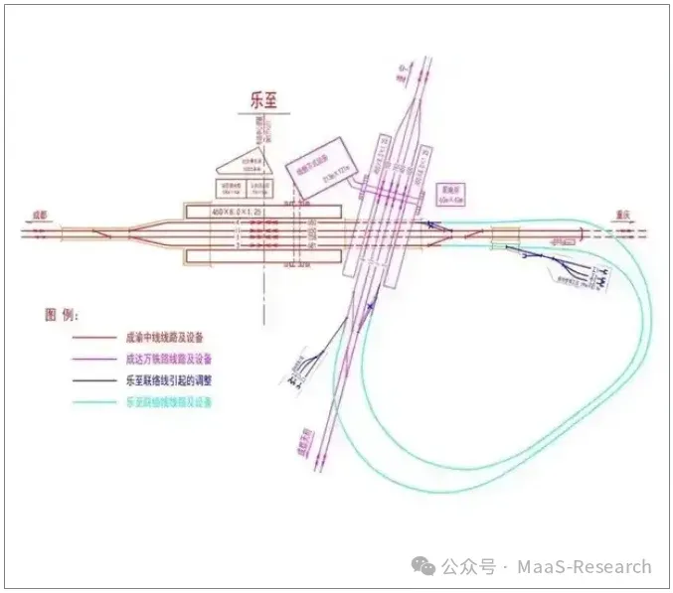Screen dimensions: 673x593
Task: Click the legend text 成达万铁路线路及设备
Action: [168, 359]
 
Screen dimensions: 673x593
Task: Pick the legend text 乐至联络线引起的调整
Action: [168, 380]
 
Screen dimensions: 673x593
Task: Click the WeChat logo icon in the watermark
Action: [424, 566]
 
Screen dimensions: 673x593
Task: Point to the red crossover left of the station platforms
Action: [100, 234]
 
